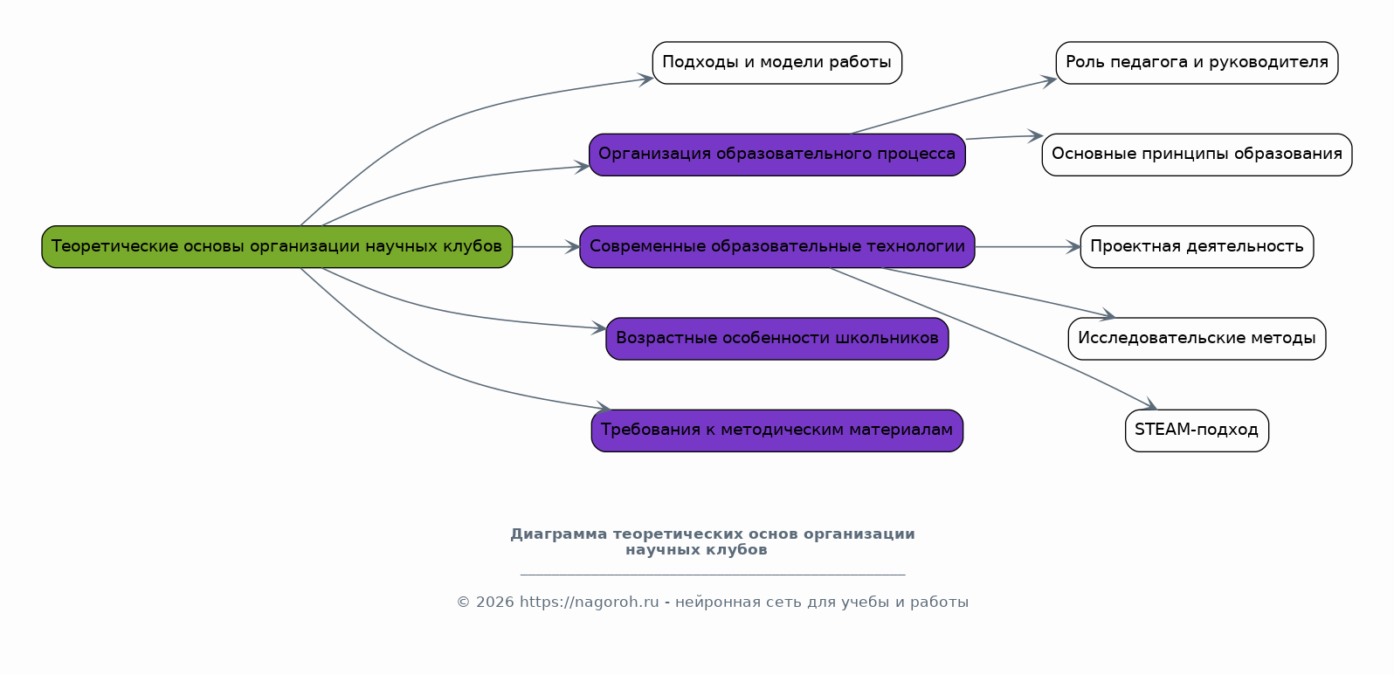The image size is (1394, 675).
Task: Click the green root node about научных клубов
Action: tap(277, 247)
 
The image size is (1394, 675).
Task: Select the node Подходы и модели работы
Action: tap(776, 63)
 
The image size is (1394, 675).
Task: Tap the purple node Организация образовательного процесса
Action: tap(776, 155)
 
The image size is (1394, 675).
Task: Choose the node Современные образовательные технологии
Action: tap(776, 247)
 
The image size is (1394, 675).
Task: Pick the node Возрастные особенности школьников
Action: tap(776, 339)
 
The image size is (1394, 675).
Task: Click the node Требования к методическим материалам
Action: tap(776, 430)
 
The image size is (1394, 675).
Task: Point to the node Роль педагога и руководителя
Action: tap(1197, 63)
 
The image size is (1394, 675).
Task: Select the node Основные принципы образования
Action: tap(1197, 155)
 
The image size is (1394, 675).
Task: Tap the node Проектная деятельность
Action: tap(1197, 247)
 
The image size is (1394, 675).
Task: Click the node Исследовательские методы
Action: tap(1197, 339)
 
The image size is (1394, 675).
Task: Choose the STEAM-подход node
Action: tap(1197, 430)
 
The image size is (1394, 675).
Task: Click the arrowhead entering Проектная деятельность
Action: tap(1073, 247)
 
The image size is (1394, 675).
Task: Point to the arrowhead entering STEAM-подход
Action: tap(1149, 405)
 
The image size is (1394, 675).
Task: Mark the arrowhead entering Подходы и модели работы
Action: tap(646, 79)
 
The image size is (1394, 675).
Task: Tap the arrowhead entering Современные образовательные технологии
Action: tap(573, 247)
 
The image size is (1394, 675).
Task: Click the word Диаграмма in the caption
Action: tap(559, 534)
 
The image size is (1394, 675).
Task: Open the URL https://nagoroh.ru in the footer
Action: tap(589, 603)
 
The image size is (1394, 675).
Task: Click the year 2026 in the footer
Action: tap(495, 603)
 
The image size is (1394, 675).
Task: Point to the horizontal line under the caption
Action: tap(712, 575)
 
